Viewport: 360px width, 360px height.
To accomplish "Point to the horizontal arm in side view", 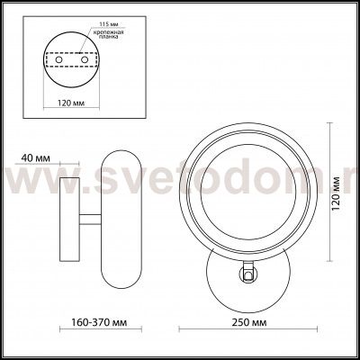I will pyautogui.click(x=89, y=220).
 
